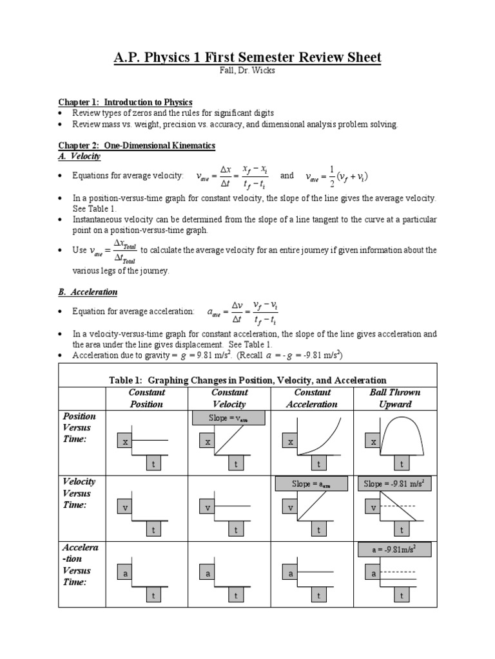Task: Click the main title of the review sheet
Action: coord(247,58)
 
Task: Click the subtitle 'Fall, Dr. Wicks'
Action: coord(247,71)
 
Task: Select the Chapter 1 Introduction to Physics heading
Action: coord(125,102)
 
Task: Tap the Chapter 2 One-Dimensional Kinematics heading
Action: coord(137,146)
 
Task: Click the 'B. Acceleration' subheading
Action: coord(88,292)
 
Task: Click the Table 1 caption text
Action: coord(247,380)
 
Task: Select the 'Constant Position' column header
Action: coord(146,398)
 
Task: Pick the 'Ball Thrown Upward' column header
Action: coord(395,398)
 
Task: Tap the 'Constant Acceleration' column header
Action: coord(313,398)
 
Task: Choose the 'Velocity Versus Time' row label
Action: coord(79,493)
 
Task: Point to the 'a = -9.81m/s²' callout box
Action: coord(394,550)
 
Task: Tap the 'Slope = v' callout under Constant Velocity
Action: coord(229,418)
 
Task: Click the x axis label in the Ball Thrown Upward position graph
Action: coord(373,442)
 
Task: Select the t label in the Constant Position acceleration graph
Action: coord(154,596)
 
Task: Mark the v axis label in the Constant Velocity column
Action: coord(208,508)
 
